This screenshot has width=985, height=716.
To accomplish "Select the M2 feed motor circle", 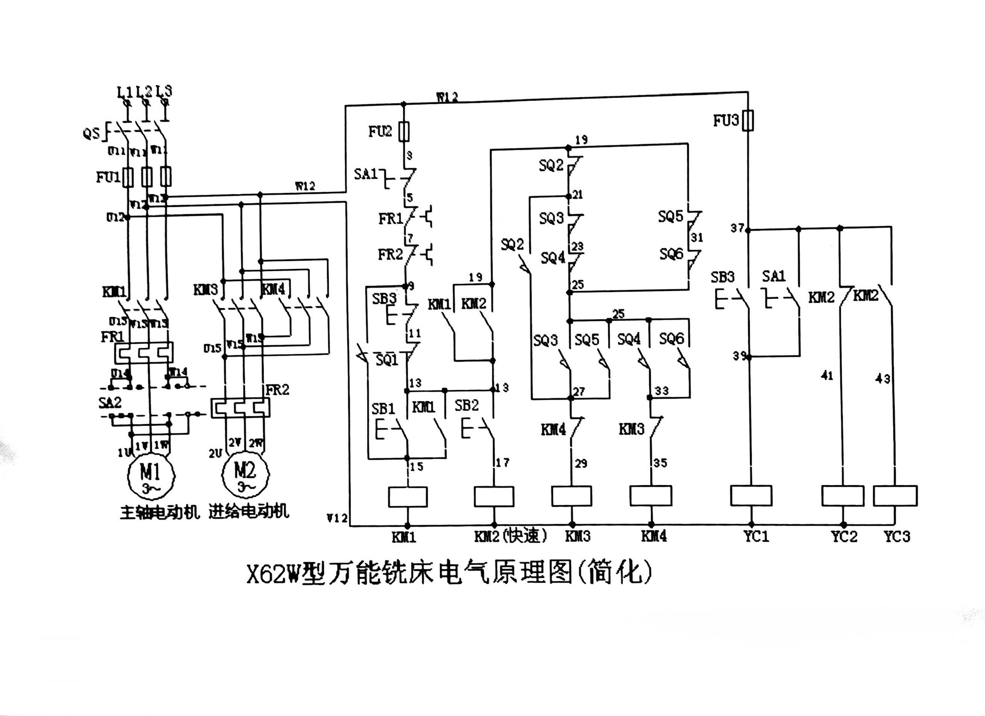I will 245,474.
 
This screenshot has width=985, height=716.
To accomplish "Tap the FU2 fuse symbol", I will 405,131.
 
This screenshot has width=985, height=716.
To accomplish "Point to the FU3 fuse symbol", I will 748,121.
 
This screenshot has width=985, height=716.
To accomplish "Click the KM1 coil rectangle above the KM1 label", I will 407,497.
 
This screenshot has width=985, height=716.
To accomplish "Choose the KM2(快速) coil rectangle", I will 494,497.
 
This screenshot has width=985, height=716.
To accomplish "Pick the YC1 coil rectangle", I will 751,496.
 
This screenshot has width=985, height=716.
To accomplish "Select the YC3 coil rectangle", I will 895,496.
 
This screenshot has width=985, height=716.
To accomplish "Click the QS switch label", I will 91,133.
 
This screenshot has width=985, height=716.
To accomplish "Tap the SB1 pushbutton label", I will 383,409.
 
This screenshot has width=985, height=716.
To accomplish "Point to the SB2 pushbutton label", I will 466,406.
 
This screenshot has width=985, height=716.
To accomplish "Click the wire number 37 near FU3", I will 737,228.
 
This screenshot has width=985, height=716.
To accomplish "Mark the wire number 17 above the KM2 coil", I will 502,462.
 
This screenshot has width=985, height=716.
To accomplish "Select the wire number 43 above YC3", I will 882,379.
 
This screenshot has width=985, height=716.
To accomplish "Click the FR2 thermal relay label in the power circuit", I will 277,390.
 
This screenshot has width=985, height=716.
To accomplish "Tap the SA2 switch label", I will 110,403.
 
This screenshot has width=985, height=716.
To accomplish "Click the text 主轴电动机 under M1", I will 159,512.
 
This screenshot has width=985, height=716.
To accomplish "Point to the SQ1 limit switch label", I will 386,360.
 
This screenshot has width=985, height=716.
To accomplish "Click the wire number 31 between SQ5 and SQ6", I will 697,237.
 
